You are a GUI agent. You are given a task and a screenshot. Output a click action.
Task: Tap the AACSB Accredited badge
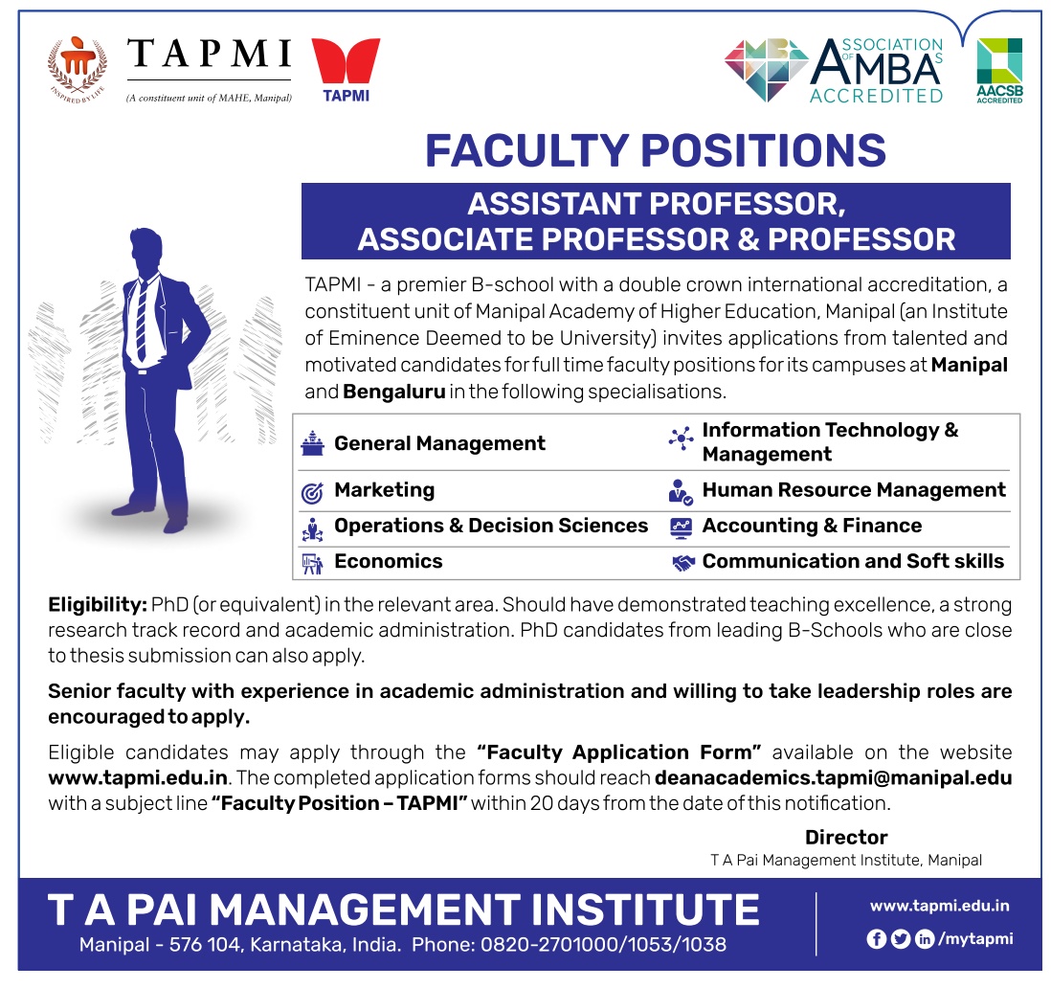point(999,71)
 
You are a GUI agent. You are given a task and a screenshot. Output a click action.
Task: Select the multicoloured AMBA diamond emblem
point(766,70)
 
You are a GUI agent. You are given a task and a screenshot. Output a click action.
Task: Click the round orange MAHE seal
point(78,68)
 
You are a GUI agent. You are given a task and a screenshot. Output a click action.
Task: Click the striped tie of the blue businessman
point(142,321)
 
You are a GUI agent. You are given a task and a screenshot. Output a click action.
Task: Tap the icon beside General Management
point(312,443)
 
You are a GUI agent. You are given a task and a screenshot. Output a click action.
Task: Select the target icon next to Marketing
point(312,493)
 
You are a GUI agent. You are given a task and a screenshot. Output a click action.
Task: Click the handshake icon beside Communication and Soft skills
point(683,562)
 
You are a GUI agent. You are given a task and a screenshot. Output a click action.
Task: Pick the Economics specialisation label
point(388,561)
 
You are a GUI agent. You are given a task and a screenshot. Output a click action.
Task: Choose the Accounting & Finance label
point(812,526)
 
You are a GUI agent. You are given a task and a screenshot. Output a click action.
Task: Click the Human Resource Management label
point(854,490)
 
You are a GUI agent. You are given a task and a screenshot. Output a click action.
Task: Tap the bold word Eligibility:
point(98,605)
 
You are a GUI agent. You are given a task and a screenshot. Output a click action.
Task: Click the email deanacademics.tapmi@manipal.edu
point(833,777)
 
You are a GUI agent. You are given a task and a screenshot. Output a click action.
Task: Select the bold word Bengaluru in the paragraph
point(394,392)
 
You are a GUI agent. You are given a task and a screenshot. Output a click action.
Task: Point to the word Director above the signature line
point(846,837)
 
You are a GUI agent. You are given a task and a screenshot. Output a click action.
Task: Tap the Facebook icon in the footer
point(876,939)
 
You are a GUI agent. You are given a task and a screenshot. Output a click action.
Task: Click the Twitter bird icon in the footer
point(900,939)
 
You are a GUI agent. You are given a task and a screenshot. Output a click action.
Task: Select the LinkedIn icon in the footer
point(925,939)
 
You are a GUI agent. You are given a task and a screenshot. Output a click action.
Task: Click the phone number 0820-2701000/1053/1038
point(603,945)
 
